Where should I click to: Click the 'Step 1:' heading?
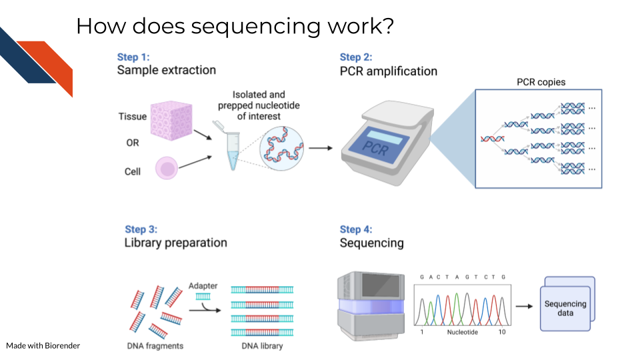[133, 57]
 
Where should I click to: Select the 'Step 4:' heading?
[356, 229]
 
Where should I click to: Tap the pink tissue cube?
[171, 121]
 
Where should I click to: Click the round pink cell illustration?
[167, 168]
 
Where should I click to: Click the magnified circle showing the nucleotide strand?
[281, 148]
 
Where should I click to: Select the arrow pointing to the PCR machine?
[321, 148]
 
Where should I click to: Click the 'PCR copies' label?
[541, 82]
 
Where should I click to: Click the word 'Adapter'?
[203, 286]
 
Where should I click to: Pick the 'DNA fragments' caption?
[155, 346]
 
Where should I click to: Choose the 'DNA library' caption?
[262, 346]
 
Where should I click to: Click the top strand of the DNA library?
[262, 290]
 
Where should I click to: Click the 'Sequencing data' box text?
[565, 308]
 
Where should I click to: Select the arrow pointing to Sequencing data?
[525, 306]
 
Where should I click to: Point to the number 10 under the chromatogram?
[501, 332]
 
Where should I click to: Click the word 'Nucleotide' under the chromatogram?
[463, 332]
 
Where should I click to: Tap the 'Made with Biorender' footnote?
[43, 346]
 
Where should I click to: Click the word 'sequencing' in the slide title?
[256, 27]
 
